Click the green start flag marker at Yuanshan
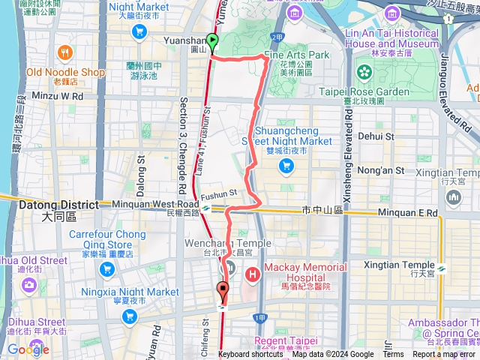pos(212,43)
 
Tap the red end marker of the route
pos(223,289)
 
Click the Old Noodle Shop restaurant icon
pos(65,54)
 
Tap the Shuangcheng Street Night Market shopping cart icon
pos(286,166)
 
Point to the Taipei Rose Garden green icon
pos(364,73)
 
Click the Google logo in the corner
pos(28,349)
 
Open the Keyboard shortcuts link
pos(250,355)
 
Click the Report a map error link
pos(444,355)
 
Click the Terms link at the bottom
pos(393,355)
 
